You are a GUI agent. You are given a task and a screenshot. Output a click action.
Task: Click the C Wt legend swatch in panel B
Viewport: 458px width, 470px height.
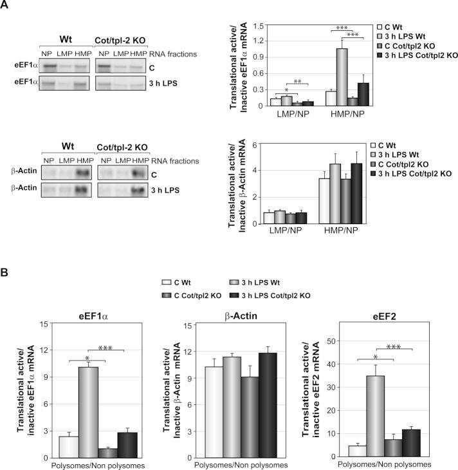coord(167,282)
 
